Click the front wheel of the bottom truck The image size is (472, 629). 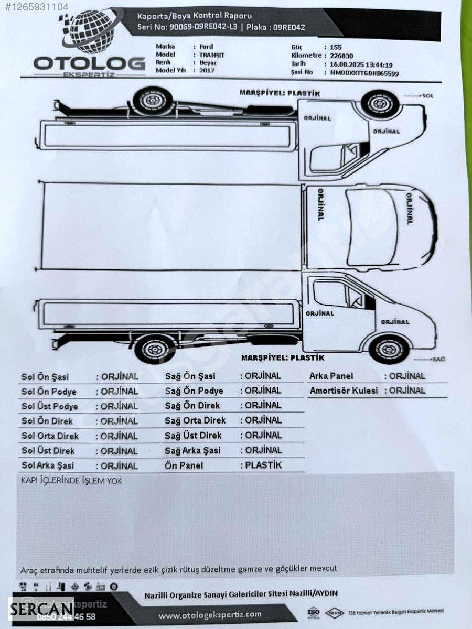coord(389,349)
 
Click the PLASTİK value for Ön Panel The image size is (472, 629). coord(263,465)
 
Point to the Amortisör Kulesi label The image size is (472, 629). coord(344,391)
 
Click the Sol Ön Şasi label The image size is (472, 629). coord(45,377)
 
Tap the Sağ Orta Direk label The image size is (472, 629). coord(195,420)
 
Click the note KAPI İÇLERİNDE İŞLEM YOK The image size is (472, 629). coord(71,480)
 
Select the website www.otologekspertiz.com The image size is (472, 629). coord(210,614)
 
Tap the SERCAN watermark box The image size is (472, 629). coord(41,609)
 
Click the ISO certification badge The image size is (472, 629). coord(313,612)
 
